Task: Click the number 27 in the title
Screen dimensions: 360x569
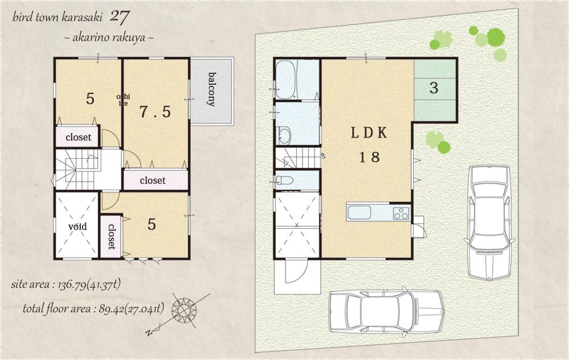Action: pos(121,16)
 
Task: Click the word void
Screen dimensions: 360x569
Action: pos(77,226)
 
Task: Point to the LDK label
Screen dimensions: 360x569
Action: pos(369,133)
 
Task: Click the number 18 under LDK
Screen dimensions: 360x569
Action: pos(369,158)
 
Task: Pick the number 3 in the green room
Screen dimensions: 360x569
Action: pos(434,88)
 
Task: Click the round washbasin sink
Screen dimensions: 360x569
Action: pos(283,136)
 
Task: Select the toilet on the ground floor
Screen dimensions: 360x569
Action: pos(284,181)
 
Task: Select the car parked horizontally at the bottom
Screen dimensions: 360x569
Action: pos(386,312)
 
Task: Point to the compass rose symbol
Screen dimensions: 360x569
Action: pos(185,310)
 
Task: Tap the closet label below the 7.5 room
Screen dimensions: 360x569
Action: pos(152,180)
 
